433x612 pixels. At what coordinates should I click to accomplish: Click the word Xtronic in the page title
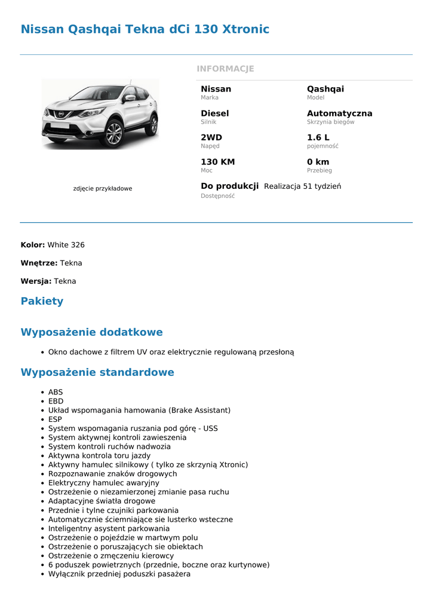click(x=245, y=29)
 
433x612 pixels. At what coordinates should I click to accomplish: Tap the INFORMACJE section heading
click(x=225, y=69)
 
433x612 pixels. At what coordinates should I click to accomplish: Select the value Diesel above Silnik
click(x=214, y=114)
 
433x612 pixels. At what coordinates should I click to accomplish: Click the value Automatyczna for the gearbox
click(x=339, y=114)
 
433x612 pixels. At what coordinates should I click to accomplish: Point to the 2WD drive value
click(x=211, y=137)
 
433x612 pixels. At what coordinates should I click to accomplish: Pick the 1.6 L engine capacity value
click(x=318, y=137)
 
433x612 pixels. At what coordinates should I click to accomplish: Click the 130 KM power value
click(x=217, y=162)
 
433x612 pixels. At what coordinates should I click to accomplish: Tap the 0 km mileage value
click(x=318, y=162)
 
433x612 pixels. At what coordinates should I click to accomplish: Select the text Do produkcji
click(x=229, y=186)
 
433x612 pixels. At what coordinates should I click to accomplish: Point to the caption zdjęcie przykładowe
click(x=102, y=189)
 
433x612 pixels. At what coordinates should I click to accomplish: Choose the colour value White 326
click(x=66, y=245)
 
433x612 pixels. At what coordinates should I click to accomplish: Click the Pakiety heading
click(x=42, y=301)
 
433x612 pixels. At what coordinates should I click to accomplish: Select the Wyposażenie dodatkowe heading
click(x=91, y=332)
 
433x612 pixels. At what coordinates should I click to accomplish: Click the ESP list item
click(x=55, y=420)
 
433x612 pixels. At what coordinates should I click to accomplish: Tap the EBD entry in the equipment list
click(x=56, y=402)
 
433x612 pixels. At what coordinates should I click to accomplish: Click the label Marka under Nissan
click(x=210, y=97)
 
